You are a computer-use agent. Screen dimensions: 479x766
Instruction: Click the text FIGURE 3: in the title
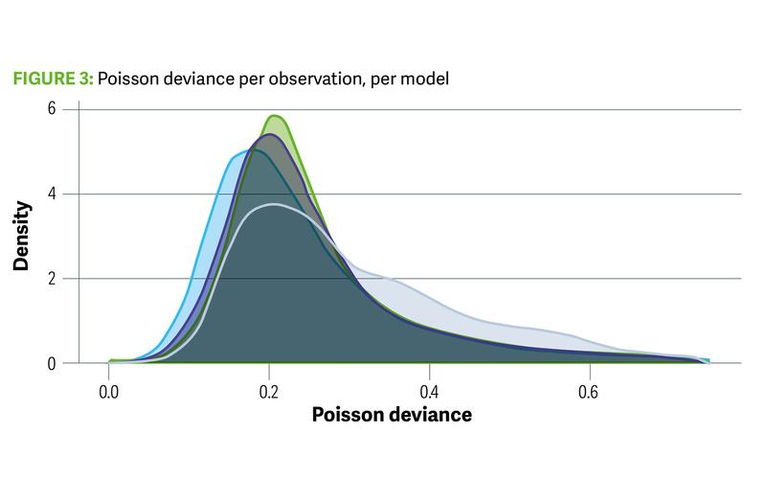(52, 80)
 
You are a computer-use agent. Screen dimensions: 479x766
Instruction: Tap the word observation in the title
(294, 80)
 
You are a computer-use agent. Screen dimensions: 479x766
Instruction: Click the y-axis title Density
(20, 236)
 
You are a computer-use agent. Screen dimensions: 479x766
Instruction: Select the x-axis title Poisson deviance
(391, 416)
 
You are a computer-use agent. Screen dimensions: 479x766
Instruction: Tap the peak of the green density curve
(275, 116)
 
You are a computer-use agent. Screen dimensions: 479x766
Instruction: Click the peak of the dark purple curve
(269, 135)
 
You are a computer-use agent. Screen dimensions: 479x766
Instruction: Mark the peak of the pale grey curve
(275, 204)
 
